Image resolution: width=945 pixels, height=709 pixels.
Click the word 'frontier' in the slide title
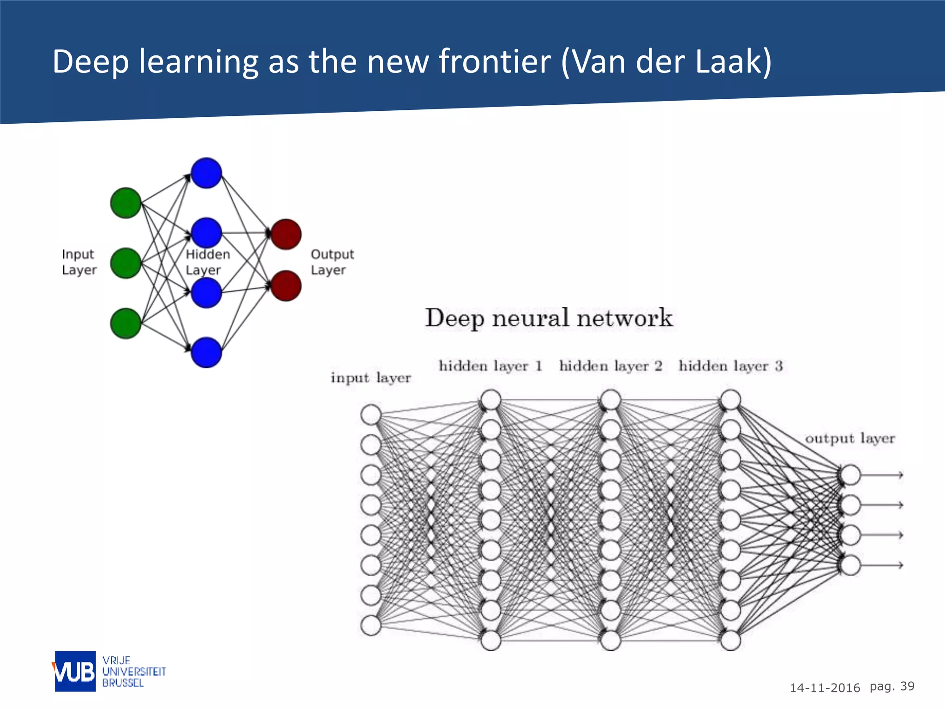(495, 61)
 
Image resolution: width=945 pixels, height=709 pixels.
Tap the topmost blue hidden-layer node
(206, 173)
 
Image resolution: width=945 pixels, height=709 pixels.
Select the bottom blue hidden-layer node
(206, 353)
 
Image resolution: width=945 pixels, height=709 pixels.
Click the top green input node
(126, 203)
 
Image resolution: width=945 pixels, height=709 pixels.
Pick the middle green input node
(126, 263)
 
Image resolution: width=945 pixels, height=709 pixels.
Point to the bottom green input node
(126, 323)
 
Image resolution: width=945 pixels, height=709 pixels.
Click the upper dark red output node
(286, 234)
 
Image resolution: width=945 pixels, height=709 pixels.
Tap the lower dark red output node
(286, 286)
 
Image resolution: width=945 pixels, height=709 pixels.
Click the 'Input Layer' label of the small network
(79, 262)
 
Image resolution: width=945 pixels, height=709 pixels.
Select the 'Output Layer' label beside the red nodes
(332, 262)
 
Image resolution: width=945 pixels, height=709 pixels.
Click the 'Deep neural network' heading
(549, 318)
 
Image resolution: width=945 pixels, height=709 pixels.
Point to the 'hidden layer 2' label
(610, 366)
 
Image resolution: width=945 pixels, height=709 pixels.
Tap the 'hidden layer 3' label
(730, 366)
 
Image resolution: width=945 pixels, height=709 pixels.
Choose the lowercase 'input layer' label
(371, 378)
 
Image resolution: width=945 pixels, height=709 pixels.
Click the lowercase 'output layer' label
(849, 439)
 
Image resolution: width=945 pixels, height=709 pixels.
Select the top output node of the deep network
(850, 475)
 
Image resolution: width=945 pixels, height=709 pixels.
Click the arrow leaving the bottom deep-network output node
(881, 565)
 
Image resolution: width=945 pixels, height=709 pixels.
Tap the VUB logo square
(75, 671)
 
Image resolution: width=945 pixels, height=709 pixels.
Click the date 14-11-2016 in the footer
(825, 688)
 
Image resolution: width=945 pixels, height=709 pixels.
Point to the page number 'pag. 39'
(891, 686)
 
